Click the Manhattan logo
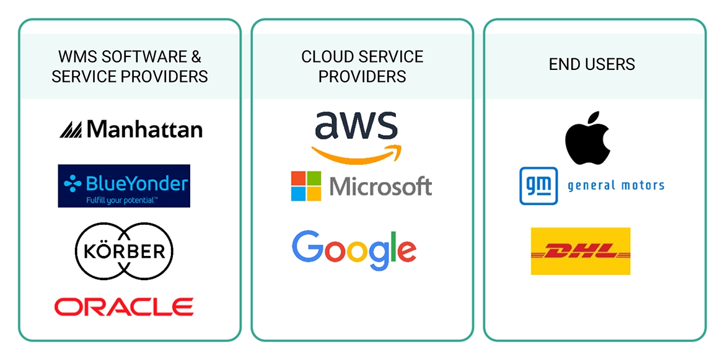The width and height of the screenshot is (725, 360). coord(131,129)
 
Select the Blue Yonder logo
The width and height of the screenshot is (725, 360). coord(124,185)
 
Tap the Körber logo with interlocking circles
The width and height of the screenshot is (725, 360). coord(123,251)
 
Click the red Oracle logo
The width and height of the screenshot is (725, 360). coord(124,306)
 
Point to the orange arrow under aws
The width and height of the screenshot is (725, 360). coord(356,153)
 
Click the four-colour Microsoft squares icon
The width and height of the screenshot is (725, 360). coord(306,186)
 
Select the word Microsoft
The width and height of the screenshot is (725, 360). coord(380,186)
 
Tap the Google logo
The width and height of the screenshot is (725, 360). coord(354,250)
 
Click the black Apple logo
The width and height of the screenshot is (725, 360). coord(587,138)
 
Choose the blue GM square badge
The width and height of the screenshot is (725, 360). coord(538,185)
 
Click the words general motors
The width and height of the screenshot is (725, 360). coord(616,185)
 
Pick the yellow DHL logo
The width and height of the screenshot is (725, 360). coord(580,251)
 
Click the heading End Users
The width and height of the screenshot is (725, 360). coord(592,64)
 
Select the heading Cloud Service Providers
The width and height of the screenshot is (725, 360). coord(362,66)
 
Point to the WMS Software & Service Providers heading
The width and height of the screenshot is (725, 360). coord(130,66)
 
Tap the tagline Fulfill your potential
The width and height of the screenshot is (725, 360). coord(123,200)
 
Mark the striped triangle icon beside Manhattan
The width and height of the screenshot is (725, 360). coord(71,129)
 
